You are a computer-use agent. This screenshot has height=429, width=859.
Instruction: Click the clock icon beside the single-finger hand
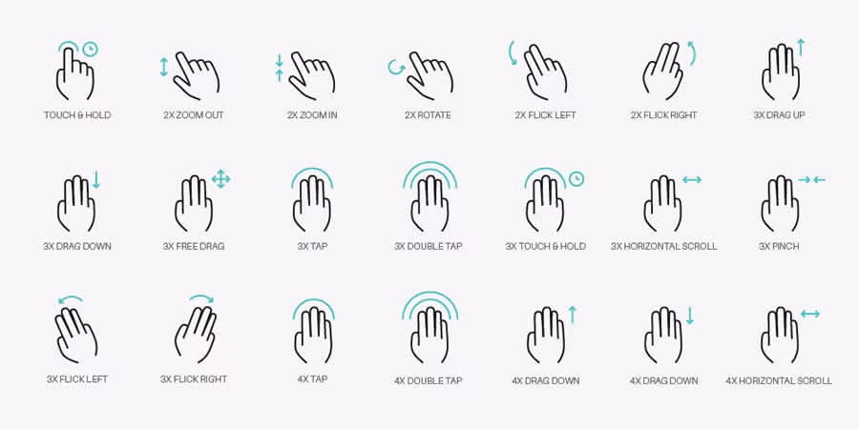pos(90,49)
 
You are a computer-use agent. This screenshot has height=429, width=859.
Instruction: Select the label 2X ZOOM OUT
pos(194,115)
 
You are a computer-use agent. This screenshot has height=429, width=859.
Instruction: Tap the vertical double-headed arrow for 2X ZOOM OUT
pos(164,67)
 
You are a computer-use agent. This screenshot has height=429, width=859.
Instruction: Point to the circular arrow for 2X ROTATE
pos(395,67)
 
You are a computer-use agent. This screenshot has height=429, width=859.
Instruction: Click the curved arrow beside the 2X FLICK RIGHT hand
pos(691,52)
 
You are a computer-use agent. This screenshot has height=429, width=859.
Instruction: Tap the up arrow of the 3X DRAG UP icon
pos(801,47)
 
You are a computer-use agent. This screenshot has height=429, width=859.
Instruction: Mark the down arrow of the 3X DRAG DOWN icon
pos(96,179)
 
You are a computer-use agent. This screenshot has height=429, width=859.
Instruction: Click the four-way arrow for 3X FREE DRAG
pos(221,178)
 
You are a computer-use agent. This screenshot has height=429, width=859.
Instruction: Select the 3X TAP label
pos(312,246)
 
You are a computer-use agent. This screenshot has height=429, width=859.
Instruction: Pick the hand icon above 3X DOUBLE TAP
pos(429,202)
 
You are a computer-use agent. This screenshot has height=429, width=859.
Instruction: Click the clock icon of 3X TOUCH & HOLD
pos(576,178)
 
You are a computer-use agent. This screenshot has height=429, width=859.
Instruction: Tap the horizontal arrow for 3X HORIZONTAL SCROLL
pos(692,179)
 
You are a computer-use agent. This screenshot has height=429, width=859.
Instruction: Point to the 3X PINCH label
pos(779,246)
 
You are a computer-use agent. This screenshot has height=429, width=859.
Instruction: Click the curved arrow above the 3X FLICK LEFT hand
pos(71,300)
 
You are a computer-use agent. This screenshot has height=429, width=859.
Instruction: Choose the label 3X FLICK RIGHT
pos(194,378)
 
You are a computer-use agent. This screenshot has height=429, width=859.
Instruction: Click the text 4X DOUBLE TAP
pos(429,380)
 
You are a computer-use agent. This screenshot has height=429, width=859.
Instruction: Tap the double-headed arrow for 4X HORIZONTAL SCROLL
pos(809,314)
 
